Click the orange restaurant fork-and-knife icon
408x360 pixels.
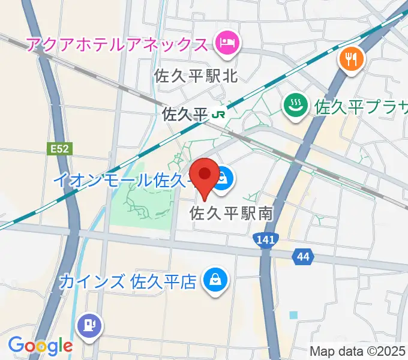(x=350, y=59)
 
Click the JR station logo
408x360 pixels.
(x=220, y=113)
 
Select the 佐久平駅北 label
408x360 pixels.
(x=196, y=76)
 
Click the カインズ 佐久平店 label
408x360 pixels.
(x=128, y=281)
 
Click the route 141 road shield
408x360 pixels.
(x=265, y=241)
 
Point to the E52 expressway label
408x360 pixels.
(x=56, y=145)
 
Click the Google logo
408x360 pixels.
(x=40, y=346)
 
